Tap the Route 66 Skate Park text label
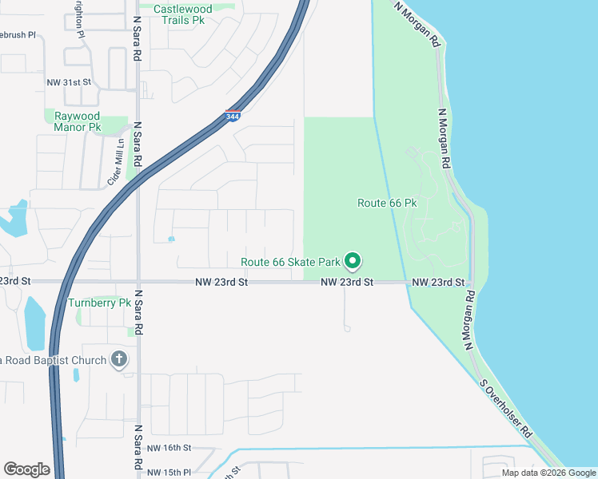coord(291,262)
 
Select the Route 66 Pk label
coord(387,204)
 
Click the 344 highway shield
coord(233,117)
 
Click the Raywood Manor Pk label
coord(78,121)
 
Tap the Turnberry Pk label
coord(99,303)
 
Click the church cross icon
coord(118,359)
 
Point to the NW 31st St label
coord(70,82)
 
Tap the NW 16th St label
coord(170,449)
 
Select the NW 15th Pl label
coord(169,472)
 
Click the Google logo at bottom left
coord(26,469)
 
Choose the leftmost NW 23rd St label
coord(14,281)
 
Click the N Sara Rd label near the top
coord(138,40)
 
